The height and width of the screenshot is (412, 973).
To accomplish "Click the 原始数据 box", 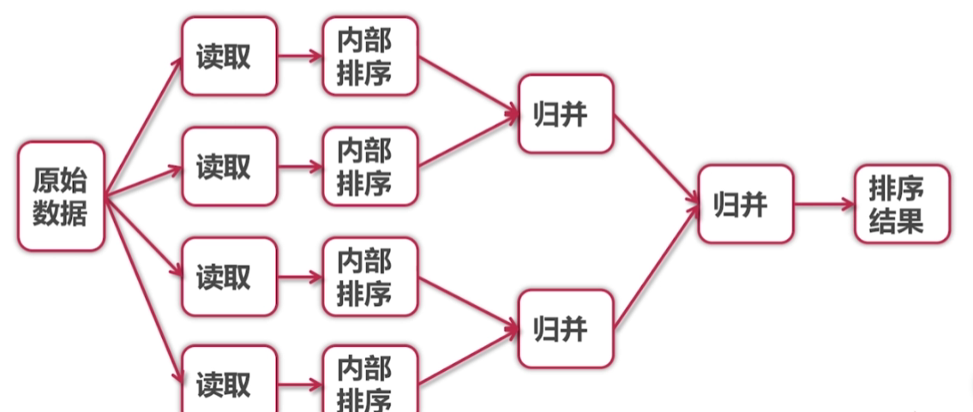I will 61,196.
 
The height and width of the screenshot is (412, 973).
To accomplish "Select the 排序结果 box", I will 902,204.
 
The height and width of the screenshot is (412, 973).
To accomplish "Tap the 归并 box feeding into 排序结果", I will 745,204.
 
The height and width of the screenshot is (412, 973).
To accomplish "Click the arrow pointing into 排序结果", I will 824,204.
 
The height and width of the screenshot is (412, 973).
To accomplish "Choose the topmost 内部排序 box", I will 369,56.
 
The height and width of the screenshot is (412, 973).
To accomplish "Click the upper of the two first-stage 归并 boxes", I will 566,113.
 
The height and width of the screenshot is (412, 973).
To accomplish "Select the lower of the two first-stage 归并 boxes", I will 566,328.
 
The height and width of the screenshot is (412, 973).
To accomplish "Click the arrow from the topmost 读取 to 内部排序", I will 300,57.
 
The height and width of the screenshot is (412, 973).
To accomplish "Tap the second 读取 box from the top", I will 229,166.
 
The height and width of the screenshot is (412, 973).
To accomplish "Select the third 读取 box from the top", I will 229,277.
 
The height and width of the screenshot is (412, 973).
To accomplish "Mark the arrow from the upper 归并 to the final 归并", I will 657,159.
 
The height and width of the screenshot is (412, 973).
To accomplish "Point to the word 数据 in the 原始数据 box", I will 61,212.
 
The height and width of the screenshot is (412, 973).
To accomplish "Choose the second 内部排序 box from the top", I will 369,166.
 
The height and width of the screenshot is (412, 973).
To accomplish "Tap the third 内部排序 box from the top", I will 369,277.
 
